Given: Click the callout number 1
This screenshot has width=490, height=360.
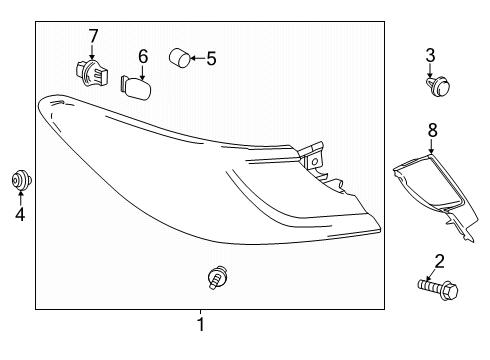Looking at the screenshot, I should [200, 324].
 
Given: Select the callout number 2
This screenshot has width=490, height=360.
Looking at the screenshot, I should [437, 263].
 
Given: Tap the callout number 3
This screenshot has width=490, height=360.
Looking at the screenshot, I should [431, 54].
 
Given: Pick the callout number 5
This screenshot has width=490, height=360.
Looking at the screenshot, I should [210, 59].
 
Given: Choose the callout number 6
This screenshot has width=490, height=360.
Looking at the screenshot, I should [143, 56].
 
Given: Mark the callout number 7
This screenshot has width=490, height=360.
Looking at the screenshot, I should [93, 37].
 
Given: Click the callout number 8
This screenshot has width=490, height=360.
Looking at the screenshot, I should [433, 129].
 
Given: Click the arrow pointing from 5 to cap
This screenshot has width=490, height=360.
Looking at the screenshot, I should [196, 59].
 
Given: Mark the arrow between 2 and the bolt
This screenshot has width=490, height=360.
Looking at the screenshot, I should [437, 277].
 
